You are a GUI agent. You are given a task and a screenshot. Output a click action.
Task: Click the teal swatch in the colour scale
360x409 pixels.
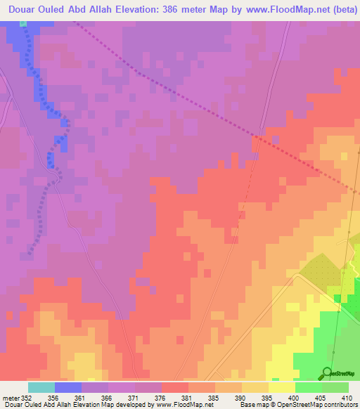click(41, 387)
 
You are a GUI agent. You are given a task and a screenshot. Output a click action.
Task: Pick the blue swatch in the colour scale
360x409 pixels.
click(68, 387)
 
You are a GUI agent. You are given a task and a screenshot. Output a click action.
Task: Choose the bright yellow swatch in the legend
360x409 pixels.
click(281, 387)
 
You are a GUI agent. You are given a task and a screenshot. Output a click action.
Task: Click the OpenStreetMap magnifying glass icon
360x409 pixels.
click(326, 372)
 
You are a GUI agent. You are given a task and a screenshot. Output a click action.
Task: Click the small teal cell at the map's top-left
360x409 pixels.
click(23, 23)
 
